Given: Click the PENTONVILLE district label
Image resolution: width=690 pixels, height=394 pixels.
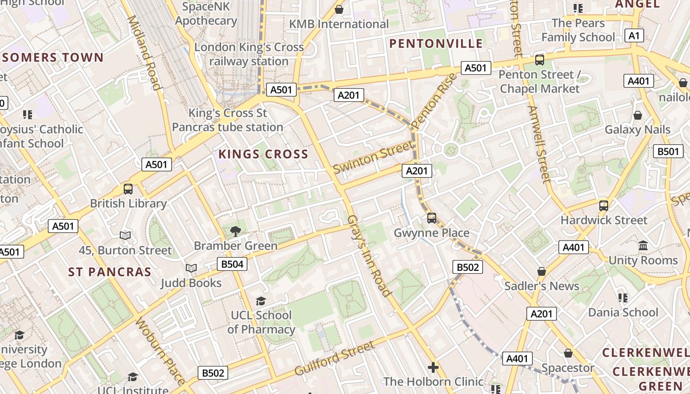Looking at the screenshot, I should click(x=436, y=43).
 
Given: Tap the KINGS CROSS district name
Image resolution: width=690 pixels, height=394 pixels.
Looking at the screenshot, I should click(x=263, y=154).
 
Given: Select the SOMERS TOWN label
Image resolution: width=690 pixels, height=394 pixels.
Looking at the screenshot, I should click(x=53, y=58).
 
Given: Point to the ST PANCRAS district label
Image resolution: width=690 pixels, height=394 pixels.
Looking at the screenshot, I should click(x=109, y=272).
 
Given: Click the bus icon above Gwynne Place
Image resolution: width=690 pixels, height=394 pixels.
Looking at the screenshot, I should click(x=432, y=218).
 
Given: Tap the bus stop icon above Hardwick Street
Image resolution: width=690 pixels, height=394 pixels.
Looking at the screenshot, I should click(x=604, y=206).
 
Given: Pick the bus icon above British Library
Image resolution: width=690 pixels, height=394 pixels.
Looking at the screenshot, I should click(x=128, y=189).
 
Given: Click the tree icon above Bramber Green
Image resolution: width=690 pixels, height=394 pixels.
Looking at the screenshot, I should click(x=236, y=231).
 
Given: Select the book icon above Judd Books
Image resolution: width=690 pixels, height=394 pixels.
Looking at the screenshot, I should click(x=191, y=268).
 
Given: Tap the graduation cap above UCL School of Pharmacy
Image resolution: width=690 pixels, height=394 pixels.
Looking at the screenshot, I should click(x=261, y=300).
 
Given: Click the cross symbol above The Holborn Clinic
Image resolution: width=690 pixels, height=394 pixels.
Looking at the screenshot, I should click(x=433, y=367).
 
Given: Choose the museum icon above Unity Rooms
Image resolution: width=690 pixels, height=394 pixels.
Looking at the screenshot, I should click(x=643, y=246).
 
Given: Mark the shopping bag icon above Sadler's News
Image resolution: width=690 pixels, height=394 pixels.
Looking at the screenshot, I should click(x=542, y=271).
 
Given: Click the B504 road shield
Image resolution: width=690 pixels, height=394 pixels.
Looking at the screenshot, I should click(x=232, y=264).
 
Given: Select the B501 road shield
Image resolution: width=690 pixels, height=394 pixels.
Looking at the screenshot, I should click(x=668, y=151).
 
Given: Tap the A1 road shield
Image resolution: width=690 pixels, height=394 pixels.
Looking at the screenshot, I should click(x=634, y=35).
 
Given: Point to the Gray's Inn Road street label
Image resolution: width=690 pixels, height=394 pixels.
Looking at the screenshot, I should click(x=370, y=256).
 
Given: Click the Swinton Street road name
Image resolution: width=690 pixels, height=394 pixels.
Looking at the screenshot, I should click(x=373, y=157).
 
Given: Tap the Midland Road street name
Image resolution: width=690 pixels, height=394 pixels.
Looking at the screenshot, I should click(x=144, y=53).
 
